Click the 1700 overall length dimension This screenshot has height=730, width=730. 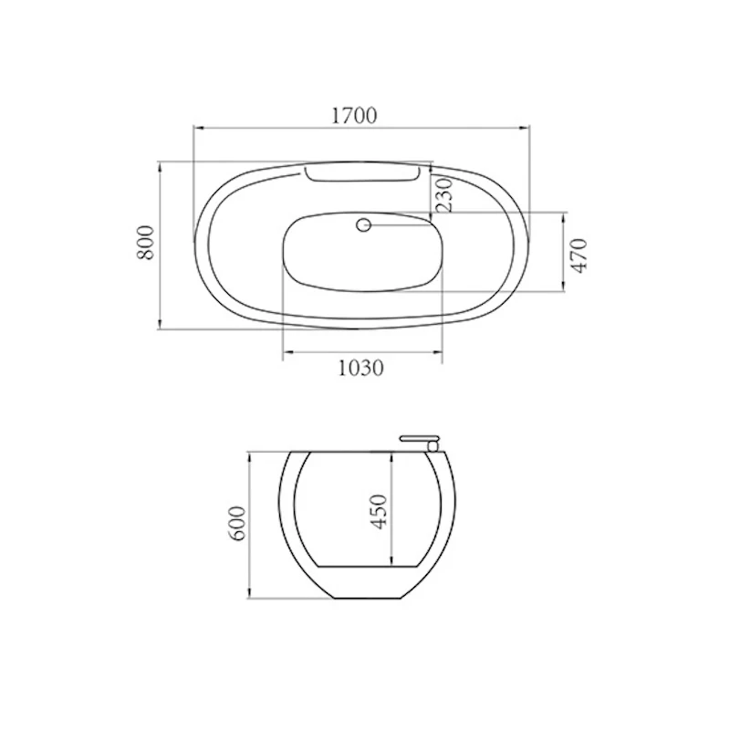(354, 116)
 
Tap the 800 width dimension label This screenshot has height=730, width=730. (145, 243)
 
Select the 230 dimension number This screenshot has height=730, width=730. (444, 195)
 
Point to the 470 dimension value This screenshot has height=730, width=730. (579, 255)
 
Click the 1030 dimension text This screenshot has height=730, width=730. (360, 369)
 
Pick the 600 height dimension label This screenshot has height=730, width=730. (236, 523)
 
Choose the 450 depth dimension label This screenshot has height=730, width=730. (379, 512)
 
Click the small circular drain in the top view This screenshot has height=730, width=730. (363, 225)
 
